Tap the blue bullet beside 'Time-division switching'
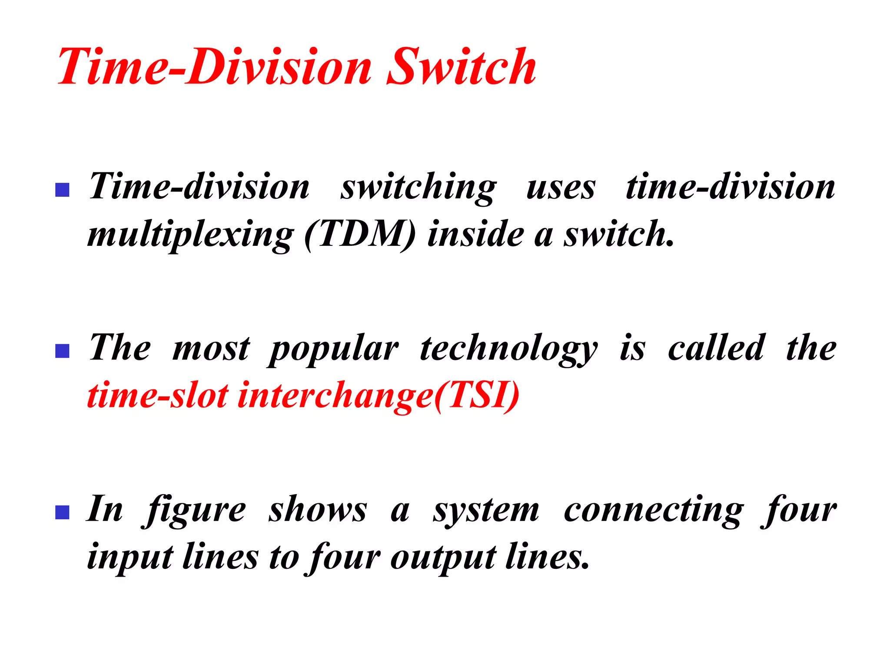click(63, 190)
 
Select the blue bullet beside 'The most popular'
click(63, 351)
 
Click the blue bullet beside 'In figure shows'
click(63, 512)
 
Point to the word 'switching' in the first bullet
click(418, 188)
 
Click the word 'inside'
click(475, 234)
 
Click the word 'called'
click(716, 348)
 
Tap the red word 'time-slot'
click(158, 396)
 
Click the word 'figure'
click(195, 511)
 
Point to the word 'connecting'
click(654, 511)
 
